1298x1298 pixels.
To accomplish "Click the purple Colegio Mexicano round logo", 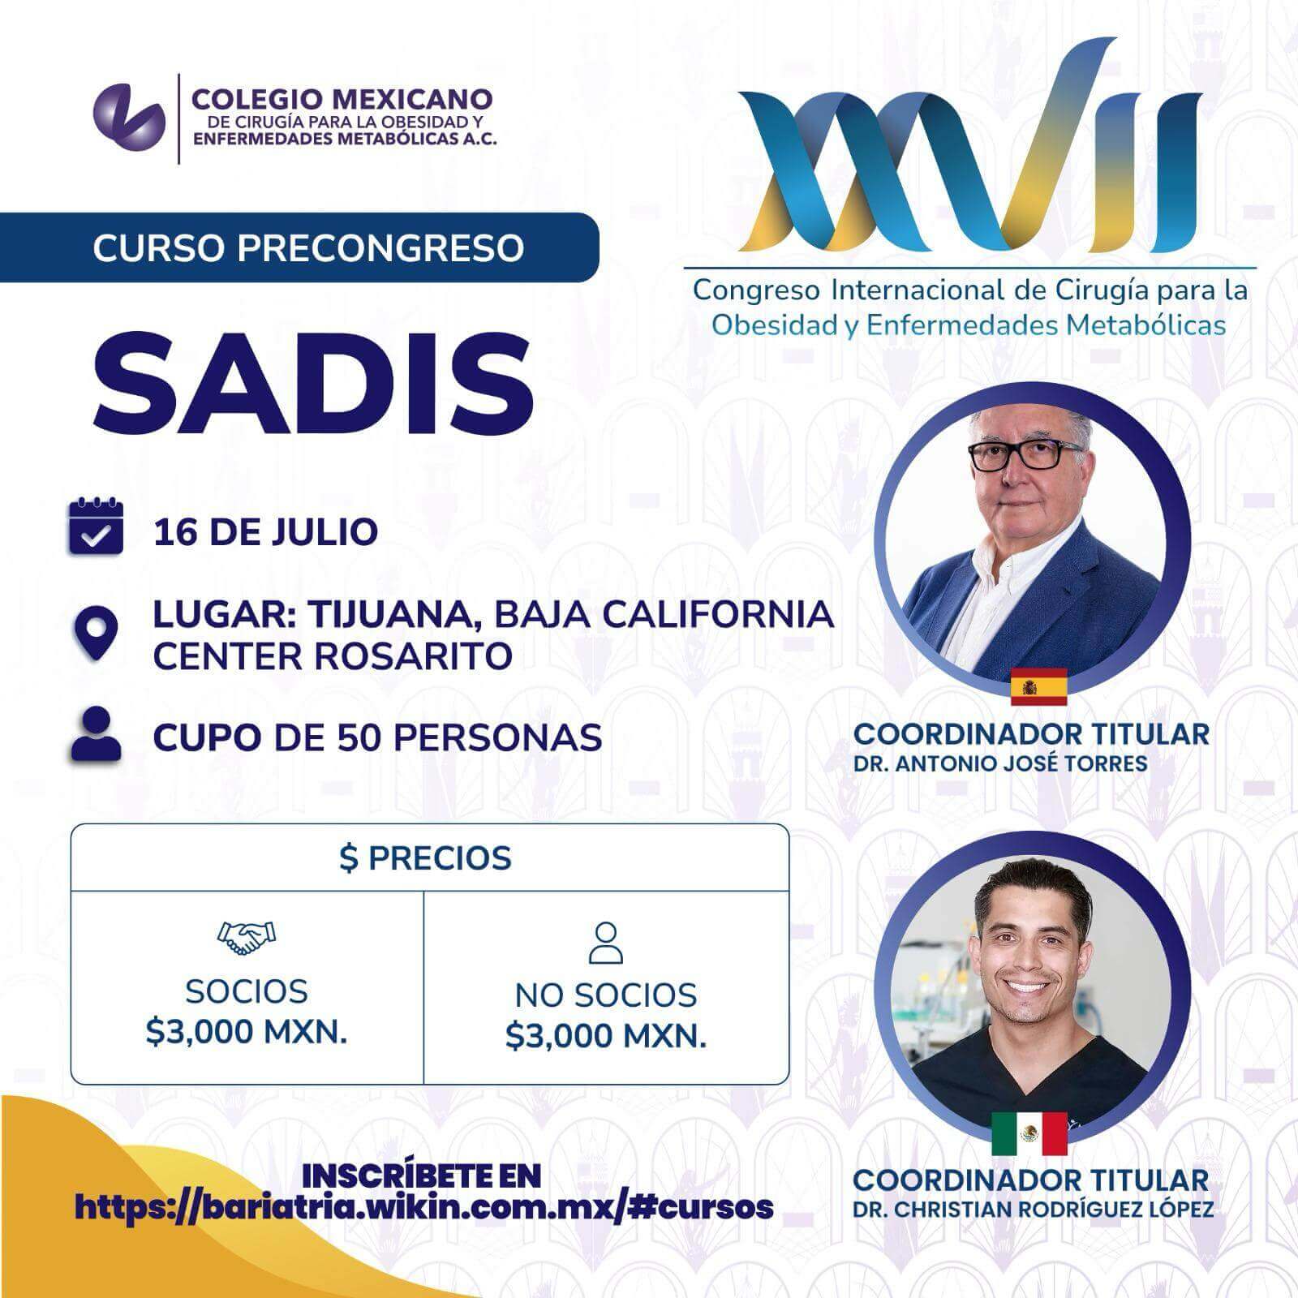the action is click(129, 119).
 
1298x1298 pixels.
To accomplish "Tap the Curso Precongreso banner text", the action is click(308, 247).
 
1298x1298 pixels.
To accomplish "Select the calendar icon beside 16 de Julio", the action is click(96, 527).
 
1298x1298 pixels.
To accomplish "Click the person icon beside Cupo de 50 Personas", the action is click(96, 733).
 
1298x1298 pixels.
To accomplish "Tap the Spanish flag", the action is click(1038, 686).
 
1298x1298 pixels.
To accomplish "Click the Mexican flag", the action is click(1029, 1133).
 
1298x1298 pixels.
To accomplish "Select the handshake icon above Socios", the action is click(247, 938).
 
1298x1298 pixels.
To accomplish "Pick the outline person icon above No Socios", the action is click(606, 943).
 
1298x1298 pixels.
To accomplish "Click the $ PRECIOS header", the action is click(426, 858).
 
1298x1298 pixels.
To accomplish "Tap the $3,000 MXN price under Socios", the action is click(247, 1032).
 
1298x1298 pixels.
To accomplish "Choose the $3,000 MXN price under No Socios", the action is click(606, 1036).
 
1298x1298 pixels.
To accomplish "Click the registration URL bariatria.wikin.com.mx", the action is click(423, 1207).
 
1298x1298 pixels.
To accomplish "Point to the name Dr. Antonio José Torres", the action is click(1000, 763).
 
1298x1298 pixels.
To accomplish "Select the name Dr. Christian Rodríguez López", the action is click(1034, 1209).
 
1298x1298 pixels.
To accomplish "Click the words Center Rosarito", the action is click(333, 656).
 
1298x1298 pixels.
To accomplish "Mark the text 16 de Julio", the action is click(265, 532).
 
